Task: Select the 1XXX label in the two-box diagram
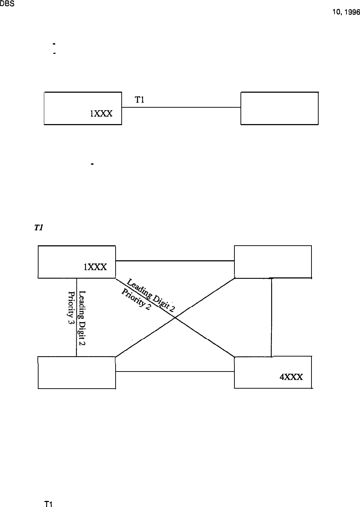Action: [101, 114]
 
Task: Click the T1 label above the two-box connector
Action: [139, 101]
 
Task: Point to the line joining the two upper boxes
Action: [181, 107]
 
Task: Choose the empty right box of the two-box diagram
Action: [279, 108]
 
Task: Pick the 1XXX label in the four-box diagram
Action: [95, 267]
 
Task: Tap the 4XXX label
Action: [291, 377]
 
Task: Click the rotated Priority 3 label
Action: [71, 304]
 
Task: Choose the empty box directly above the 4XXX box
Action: [273, 261]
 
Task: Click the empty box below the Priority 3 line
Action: [77, 372]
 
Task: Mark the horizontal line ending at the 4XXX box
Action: [175, 372]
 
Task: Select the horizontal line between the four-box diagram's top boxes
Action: [175, 261]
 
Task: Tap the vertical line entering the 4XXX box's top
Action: [272, 317]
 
